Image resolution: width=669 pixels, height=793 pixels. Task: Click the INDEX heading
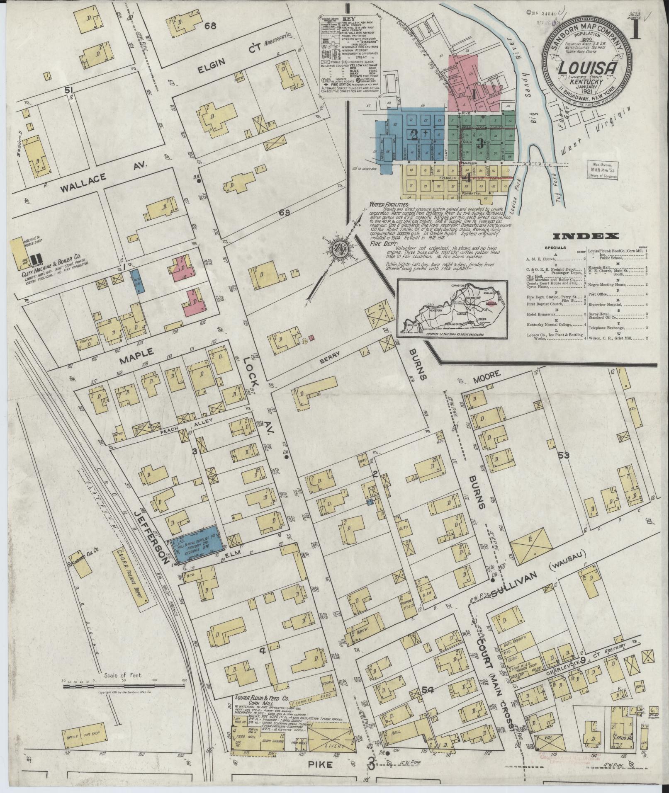click(x=585, y=236)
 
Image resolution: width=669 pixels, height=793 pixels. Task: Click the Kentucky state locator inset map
click(x=452, y=308)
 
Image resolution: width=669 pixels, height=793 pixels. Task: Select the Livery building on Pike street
click(x=332, y=734)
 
